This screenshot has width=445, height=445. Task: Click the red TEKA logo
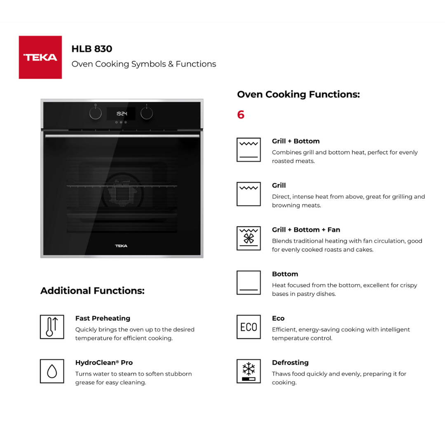(x=40, y=57)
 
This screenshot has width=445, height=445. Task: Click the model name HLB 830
(x=91, y=49)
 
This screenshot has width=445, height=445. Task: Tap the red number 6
(x=241, y=115)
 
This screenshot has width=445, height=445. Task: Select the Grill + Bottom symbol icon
(x=248, y=150)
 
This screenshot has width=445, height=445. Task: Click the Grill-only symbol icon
(x=248, y=194)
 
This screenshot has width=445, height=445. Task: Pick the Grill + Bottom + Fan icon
(x=248, y=238)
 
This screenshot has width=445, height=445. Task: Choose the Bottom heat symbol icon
(x=248, y=282)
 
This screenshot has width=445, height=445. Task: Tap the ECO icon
(x=248, y=327)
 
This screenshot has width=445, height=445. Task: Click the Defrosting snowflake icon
(x=248, y=371)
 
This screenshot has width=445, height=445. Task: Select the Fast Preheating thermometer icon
(x=52, y=327)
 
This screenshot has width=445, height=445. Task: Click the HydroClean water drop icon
(x=52, y=371)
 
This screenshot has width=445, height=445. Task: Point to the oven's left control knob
(x=96, y=113)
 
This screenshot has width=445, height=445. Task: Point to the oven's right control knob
(x=146, y=113)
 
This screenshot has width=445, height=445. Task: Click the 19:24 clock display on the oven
(x=121, y=113)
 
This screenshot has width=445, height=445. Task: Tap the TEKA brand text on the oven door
(x=121, y=246)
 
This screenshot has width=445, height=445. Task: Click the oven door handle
(x=122, y=136)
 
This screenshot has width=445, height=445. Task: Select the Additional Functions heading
(x=92, y=291)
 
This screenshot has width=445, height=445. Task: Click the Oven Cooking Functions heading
(x=298, y=94)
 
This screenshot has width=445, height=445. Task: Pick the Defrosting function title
(x=290, y=363)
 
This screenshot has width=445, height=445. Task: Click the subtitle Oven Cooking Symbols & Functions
(x=144, y=64)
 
